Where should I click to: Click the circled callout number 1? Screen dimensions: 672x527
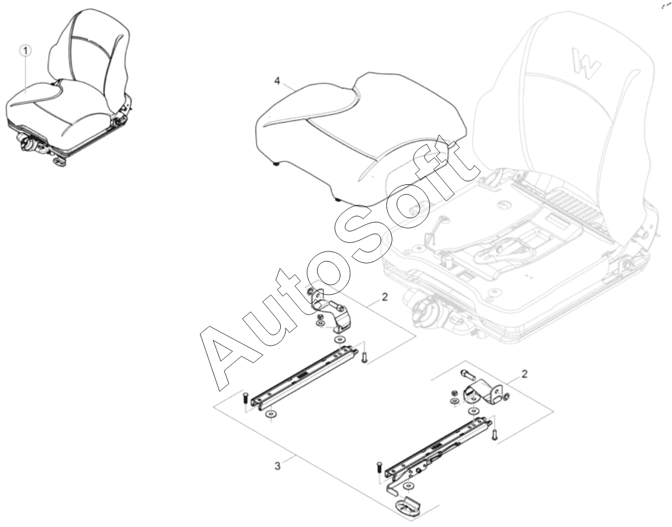click(26, 51)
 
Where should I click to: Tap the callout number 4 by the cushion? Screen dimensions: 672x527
click(277, 80)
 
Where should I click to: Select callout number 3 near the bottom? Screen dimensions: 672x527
click(278, 465)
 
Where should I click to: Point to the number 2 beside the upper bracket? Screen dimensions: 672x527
click(385, 297)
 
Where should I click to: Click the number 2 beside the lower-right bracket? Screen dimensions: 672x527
click(524, 373)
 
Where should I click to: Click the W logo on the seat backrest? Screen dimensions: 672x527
click(586, 60)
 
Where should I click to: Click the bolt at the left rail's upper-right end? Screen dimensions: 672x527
click(364, 357)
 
